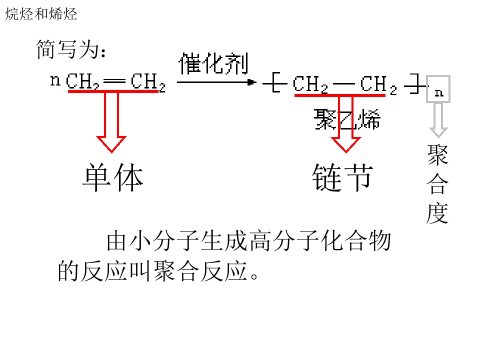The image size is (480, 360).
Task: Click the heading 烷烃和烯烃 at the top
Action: pos(41,14)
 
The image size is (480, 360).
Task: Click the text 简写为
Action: pos(67,49)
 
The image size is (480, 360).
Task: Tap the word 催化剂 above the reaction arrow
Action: pos(213,63)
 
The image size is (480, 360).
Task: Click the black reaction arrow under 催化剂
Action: pos(216,82)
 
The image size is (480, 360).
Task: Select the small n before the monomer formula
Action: pos(55,80)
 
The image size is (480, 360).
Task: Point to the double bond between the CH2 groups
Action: pos(114,81)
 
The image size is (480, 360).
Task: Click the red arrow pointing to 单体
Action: pos(111,121)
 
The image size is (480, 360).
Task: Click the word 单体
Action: pos(112,177)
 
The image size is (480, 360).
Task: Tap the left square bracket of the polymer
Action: pos(274,82)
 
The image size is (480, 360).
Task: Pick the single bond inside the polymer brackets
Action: pos(343,83)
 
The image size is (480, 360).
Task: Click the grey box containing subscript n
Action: pos(438,89)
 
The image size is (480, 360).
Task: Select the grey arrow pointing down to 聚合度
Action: pos(438,120)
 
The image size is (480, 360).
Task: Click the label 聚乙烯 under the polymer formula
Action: pos(347,119)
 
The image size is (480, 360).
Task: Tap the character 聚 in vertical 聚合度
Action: pos(438,155)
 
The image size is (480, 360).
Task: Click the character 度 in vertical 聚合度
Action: pos(438,213)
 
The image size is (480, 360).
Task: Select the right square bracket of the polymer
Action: pos(415,83)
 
